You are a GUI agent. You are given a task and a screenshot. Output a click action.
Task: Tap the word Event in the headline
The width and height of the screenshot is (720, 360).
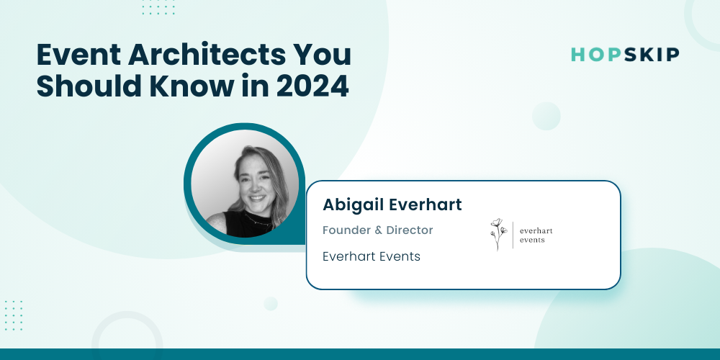(x=78, y=55)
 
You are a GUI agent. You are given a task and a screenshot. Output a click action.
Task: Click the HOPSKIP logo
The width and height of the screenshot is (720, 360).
(x=625, y=55)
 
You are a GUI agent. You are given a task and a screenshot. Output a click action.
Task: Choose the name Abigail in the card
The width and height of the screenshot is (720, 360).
(x=353, y=204)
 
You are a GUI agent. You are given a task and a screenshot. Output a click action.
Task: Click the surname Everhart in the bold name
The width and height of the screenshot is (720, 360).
(x=426, y=204)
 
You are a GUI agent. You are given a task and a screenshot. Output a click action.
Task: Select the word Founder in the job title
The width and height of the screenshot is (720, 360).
(x=346, y=230)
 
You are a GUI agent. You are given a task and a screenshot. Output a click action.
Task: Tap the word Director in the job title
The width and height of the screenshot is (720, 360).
(x=410, y=230)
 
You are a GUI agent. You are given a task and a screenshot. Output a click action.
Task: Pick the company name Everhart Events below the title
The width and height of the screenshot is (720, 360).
(x=372, y=256)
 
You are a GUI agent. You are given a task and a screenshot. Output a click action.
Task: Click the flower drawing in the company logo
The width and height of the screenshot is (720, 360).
(x=498, y=234)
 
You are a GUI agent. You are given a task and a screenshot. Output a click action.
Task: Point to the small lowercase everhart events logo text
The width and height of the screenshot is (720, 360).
(x=536, y=235)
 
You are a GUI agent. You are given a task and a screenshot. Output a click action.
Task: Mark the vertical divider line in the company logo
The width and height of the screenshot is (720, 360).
(x=513, y=235)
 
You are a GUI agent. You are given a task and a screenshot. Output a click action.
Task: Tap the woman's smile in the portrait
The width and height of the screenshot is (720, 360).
(x=257, y=199)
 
